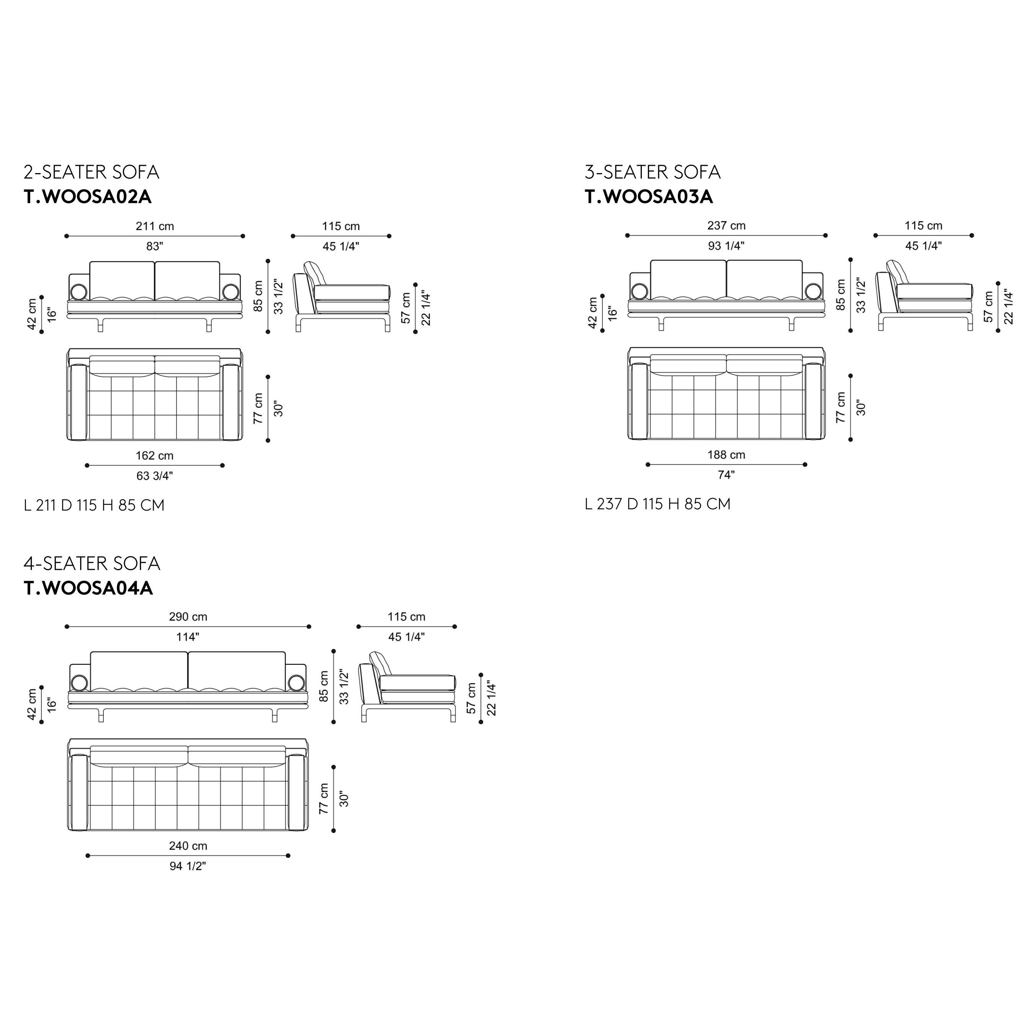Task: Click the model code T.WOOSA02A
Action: [x=88, y=197]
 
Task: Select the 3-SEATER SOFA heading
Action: [x=653, y=172]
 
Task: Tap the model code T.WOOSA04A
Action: [x=88, y=588]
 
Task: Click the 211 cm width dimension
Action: [x=155, y=226]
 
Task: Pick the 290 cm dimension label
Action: [x=188, y=617]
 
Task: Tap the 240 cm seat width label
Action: [x=188, y=846]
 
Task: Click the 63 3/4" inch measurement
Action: [x=155, y=475]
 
